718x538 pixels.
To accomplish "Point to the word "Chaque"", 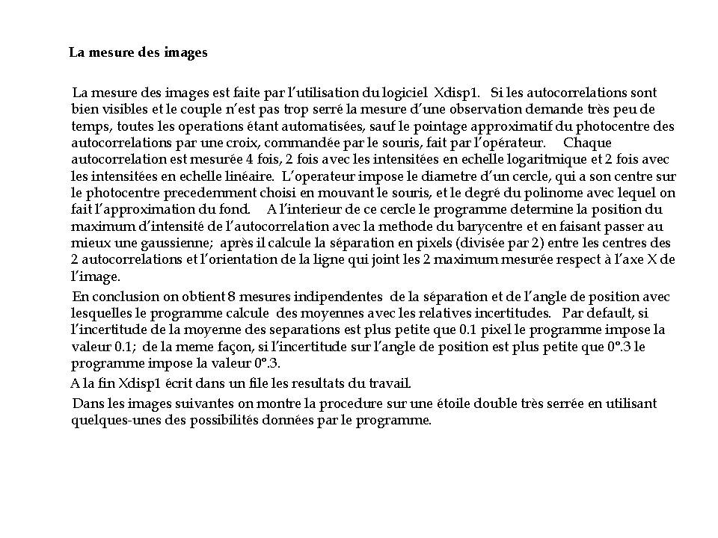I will [587, 143].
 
